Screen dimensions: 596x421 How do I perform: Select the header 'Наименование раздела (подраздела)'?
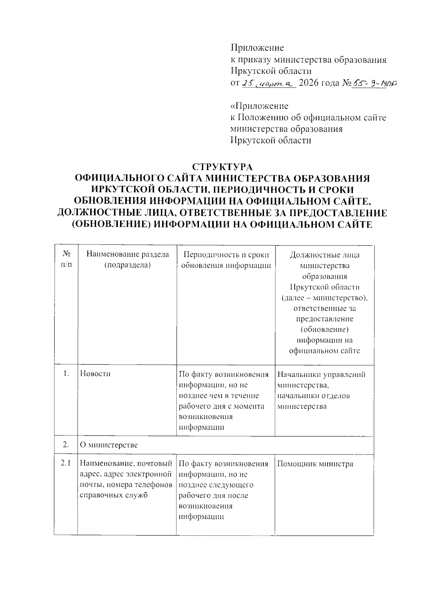[127, 260]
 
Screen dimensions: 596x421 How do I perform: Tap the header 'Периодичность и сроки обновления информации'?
[226, 260]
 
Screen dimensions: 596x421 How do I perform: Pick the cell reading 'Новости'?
[95, 374]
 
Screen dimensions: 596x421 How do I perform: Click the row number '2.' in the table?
[66, 445]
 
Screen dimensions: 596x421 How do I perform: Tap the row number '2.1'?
[66, 464]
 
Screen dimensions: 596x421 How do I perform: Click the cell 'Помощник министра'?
[315, 464]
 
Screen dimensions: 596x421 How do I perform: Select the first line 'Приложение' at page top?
[257, 48]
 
